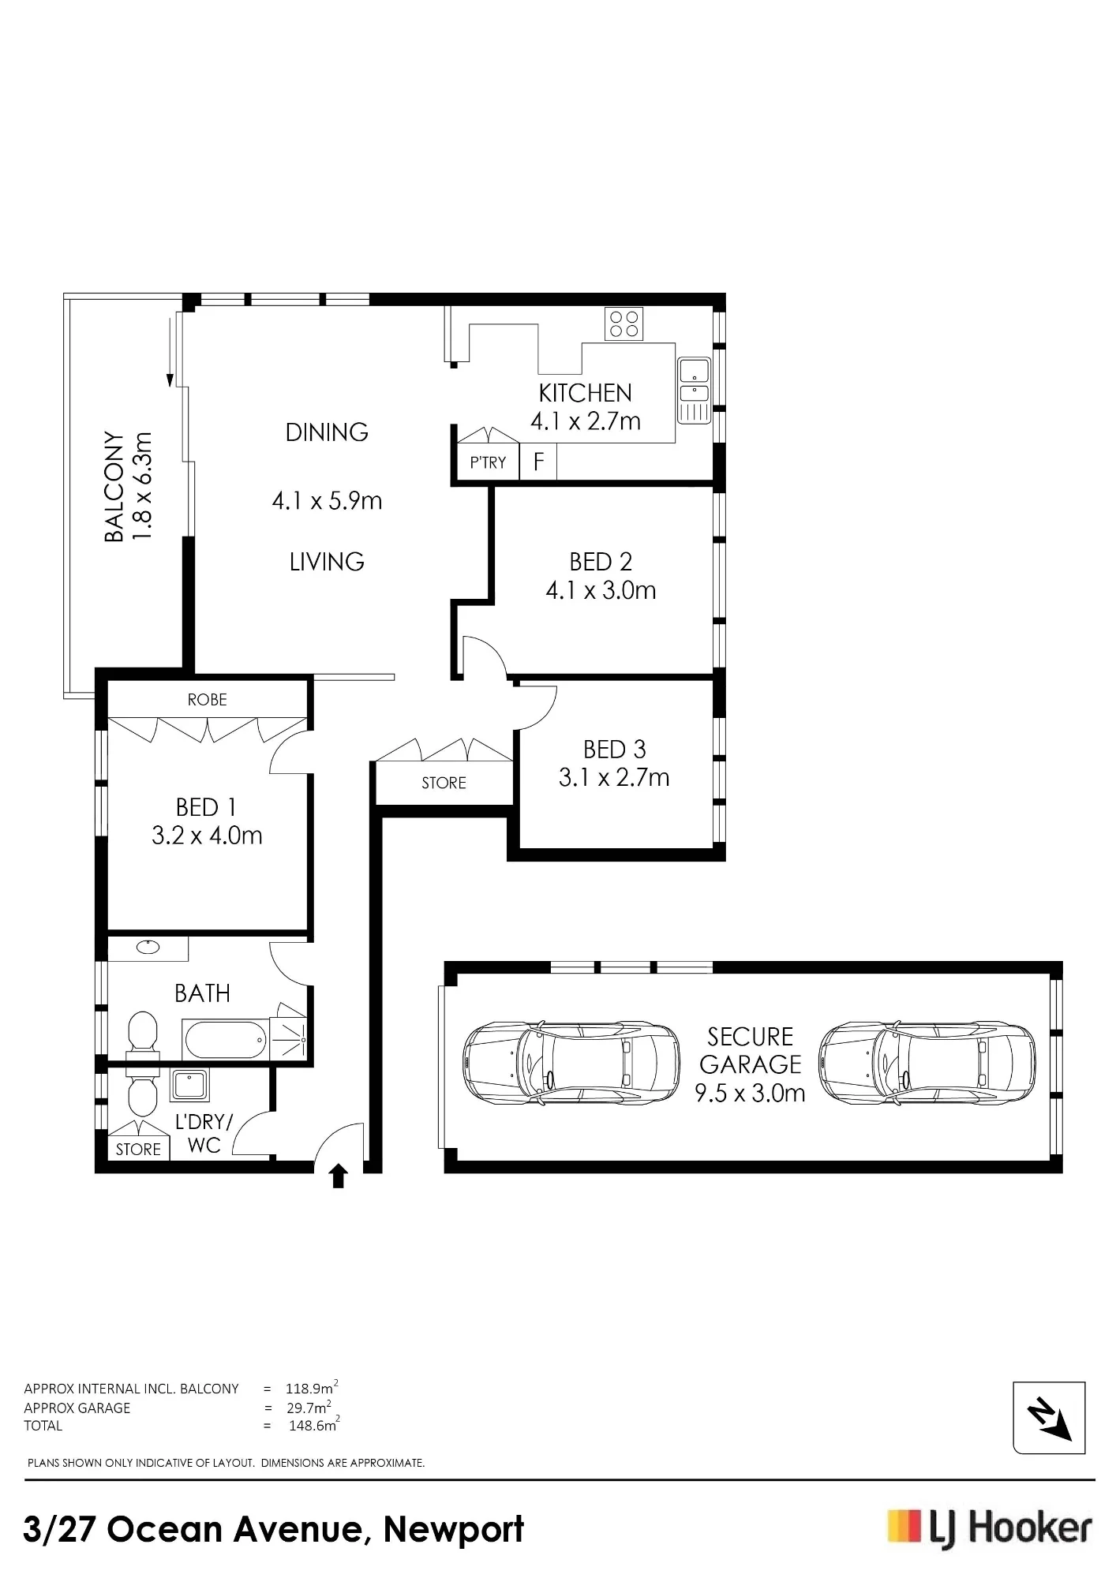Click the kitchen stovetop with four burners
click(x=624, y=323)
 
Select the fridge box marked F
click(x=538, y=462)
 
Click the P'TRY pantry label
click(x=488, y=462)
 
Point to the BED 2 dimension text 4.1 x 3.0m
click(x=601, y=590)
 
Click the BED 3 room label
click(x=614, y=749)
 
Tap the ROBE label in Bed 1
click(x=208, y=700)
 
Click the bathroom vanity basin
click(x=148, y=947)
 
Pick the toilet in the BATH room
click(x=143, y=1032)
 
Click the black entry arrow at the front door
click(x=339, y=1176)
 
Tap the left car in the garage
click(x=571, y=1062)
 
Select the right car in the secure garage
click(x=927, y=1062)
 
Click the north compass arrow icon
click(x=1050, y=1418)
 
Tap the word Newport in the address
click(x=453, y=1529)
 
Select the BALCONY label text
click(x=114, y=487)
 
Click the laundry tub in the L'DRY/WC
click(x=190, y=1085)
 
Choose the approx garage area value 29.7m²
click(x=309, y=1408)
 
